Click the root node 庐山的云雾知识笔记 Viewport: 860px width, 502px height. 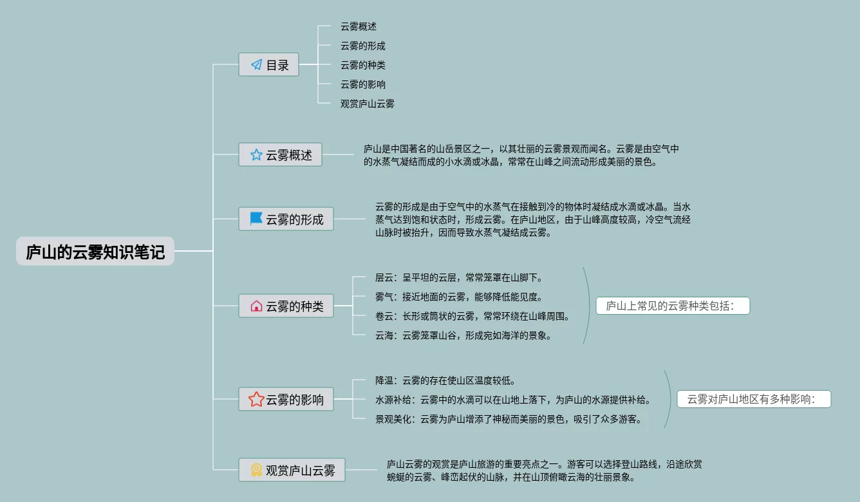pos(95,252)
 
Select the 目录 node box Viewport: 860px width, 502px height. pos(268,64)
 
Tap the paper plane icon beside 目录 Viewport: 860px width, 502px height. pos(256,64)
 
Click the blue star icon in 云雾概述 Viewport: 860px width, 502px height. pos(256,154)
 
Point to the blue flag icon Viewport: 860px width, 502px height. pos(256,219)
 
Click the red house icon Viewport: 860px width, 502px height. pos(256,306)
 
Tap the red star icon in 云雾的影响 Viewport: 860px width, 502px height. pos(256,399)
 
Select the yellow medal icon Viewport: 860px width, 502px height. pos(256,470)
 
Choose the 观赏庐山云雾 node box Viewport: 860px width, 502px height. pos(292,470)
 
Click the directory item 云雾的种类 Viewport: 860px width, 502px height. pos(363,65)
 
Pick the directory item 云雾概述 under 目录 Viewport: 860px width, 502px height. pos(359,26)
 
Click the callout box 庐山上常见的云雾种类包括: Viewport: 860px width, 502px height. pos(673,306)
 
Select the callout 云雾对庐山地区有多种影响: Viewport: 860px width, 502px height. pos(754,399)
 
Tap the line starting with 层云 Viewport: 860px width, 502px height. pos(459,277)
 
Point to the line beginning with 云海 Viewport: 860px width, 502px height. pos(463,335)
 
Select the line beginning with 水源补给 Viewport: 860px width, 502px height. pos(513,400)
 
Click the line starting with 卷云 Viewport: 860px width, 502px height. pos(472,316)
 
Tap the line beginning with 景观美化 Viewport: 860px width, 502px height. pos(509,419)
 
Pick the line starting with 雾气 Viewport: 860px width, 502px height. pos(459,297)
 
